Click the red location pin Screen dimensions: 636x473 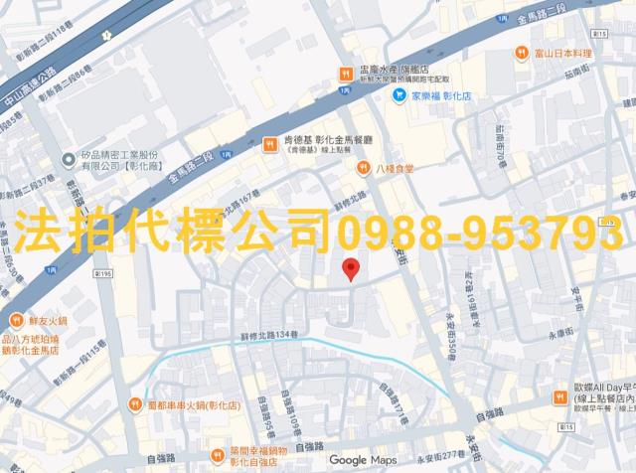350,268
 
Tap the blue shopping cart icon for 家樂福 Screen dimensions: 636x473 397,97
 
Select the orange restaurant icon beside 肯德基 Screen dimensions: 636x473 269,144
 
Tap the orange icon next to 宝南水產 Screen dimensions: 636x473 344,72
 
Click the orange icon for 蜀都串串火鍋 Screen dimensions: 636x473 136,405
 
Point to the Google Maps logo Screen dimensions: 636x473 363,460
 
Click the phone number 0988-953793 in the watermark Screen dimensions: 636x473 481,233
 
